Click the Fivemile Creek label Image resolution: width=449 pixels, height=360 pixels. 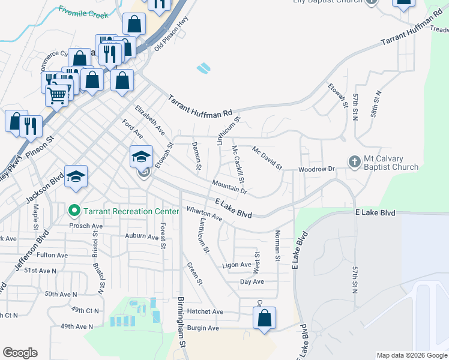[x=82, y=11]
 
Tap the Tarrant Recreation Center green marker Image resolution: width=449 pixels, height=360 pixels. [x=74, y=211]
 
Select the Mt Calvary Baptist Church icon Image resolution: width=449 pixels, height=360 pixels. [x=355, y=161]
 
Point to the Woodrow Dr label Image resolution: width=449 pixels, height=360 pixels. [x=316, y=169]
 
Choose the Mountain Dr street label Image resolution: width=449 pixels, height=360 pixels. [x=229, y=187]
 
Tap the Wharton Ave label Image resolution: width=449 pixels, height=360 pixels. [x=204, y=214]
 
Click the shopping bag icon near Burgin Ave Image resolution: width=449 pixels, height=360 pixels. [x=264, y=319]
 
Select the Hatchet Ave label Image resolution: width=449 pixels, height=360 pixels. [x=205, y=311]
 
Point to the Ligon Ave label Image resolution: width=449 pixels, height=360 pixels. [x=236, y=265]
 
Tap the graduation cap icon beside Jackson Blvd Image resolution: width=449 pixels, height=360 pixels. [x=76, y=176]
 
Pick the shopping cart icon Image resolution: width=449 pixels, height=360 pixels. [x=57, y=94]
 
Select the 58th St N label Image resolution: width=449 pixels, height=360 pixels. [x=376, y=104]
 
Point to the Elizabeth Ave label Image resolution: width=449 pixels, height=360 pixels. [x=150, y=119]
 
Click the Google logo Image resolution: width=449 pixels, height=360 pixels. [x=20, y=353]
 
